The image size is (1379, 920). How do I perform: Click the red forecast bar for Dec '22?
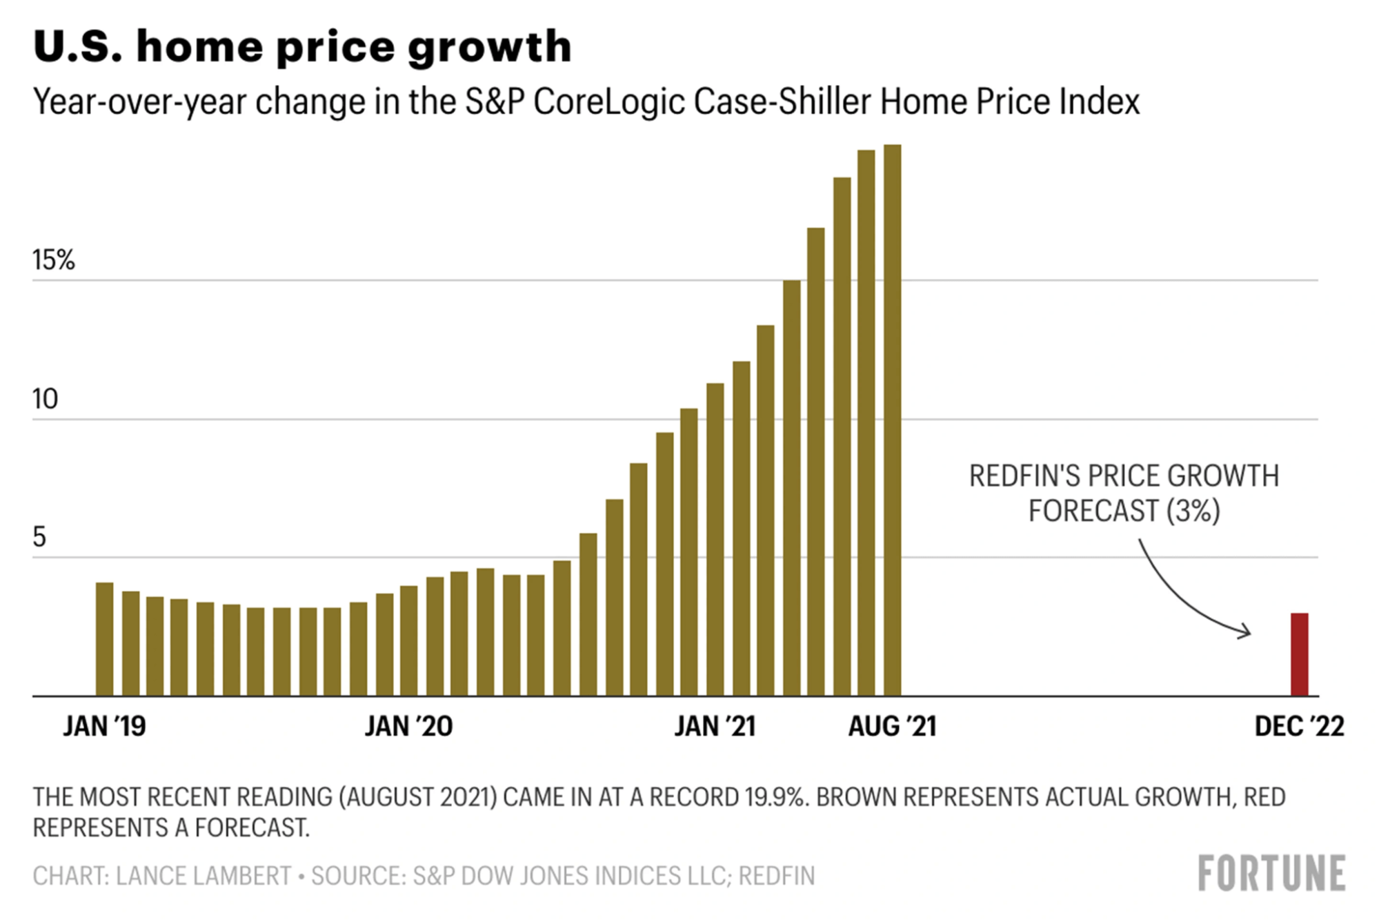1299,654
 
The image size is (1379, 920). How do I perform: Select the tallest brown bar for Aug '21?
892,421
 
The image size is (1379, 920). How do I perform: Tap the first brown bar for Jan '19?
104,639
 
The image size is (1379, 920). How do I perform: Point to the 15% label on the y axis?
53,260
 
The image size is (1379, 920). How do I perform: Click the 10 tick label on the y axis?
46,399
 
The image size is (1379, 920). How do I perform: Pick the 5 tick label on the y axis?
39,537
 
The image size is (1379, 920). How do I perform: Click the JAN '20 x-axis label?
408,726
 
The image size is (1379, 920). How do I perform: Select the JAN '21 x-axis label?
715,726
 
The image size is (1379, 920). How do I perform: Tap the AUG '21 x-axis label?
892,726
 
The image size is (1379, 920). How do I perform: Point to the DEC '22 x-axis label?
1299,726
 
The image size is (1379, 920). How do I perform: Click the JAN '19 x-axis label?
104,726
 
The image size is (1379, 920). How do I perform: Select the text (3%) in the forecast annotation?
1193,511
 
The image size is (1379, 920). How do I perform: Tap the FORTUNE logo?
1271,873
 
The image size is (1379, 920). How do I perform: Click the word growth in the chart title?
490,47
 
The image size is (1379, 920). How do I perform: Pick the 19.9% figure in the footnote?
775,797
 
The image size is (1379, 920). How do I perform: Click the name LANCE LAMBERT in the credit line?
204,876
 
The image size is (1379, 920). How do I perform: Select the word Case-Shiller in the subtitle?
782,101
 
